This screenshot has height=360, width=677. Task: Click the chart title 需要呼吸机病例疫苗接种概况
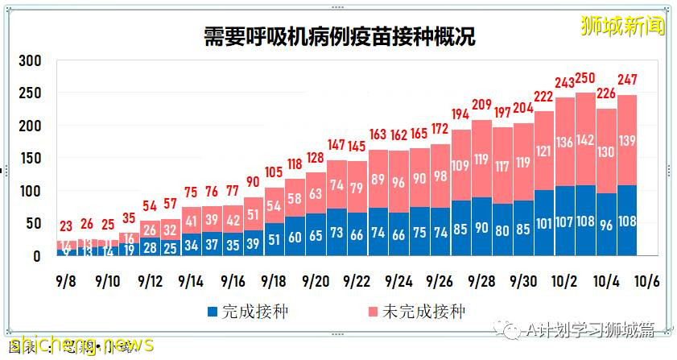(x=338, y=37)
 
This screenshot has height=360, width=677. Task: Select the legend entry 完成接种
(x=241, y=310)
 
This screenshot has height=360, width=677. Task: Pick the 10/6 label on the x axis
(x=649, y=282)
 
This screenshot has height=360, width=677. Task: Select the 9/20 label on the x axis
(x=315, y=282)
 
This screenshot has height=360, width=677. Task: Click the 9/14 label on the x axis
(x=191, y=282)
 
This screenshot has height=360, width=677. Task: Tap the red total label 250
(x=586, y=78)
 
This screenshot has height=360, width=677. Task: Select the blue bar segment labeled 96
(x=607, y=225)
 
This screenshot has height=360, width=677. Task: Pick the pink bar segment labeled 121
(x=544, y=151)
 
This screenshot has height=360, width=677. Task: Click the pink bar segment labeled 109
(x=461, y=165)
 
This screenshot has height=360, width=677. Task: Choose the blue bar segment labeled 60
(x=295, y=236)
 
